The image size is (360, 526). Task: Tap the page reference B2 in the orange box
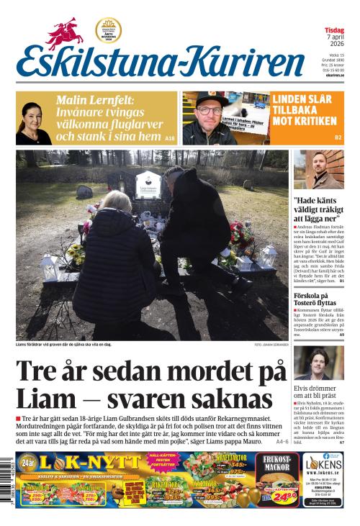[x=337, y=137]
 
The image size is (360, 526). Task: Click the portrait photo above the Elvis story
[x=315, y=363]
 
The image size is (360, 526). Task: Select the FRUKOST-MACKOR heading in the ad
[x=277, y=463]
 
